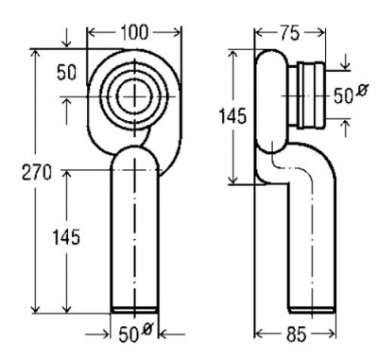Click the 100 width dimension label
[134, 32]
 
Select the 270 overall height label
[36, 172]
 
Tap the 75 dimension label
[290, 33]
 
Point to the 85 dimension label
[297, 334]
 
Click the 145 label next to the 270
[66, 237]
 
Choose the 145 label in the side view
[232, 116]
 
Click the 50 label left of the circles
[66, 73]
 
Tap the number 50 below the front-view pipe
[129, 335]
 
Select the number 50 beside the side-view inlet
[343, 96]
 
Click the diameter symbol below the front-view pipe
[146, 330]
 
